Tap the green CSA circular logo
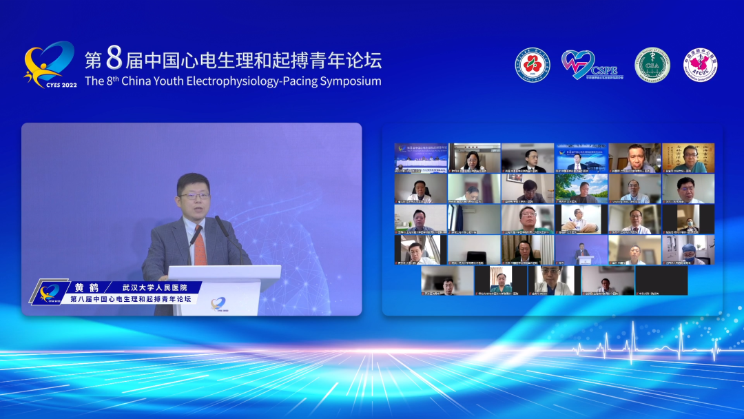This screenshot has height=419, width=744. (x=652, y=65)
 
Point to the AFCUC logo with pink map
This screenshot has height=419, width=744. (x=701, y=65)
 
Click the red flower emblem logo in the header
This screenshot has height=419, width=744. (x=533, y=65)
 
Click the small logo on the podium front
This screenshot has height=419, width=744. (x=218, y=303)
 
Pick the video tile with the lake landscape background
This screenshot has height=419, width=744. (x=581, y=188)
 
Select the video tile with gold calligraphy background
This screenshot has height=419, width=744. (x=688, y=158)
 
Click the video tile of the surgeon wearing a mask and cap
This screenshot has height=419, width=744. (x=688, y=250)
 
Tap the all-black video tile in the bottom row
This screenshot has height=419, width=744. (x=661, y=280)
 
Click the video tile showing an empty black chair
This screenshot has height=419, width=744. (x=474, y=250)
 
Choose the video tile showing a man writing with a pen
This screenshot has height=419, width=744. (x=581, y=219)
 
